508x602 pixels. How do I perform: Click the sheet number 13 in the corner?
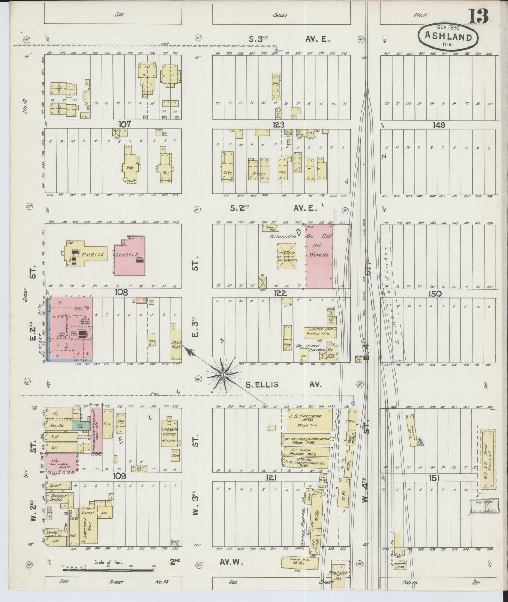click(x=477, y=17)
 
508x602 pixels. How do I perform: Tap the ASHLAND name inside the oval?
click(x=448, y=36)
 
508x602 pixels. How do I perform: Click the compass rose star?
click(x=223, y=375)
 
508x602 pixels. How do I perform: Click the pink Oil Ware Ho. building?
click(x=319, y=257)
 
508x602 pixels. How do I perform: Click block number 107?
click(x=125, y=124)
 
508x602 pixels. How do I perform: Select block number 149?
click(x=439, y=125)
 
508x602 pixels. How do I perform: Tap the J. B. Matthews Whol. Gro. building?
click(x=310, y=419)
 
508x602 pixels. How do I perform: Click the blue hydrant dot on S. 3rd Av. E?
click(x=276, y=51)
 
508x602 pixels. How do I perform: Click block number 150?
click(x=435, y=294)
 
